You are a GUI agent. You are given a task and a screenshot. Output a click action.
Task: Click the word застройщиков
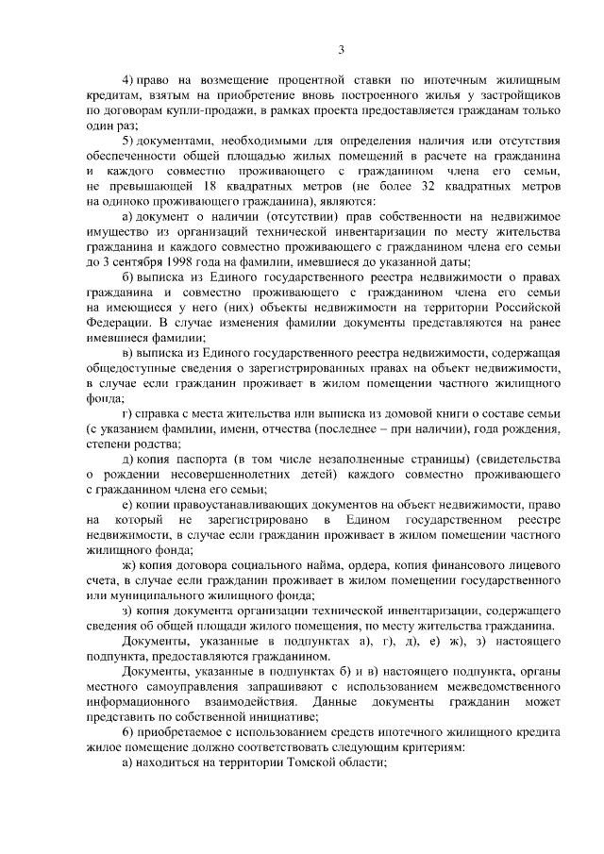coord(523,96)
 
